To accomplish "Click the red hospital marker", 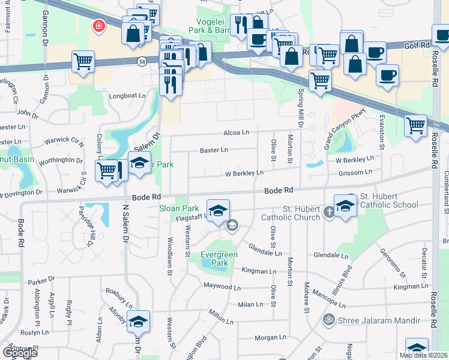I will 97,26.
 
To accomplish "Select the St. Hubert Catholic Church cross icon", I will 329,211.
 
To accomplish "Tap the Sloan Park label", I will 179,209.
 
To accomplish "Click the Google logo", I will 20,353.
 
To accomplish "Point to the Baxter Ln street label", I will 214,150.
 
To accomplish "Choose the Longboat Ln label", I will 127,95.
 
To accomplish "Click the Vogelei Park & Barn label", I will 209,25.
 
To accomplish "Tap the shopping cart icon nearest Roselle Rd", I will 415,125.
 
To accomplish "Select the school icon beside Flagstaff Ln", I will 219,209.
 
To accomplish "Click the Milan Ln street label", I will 250,304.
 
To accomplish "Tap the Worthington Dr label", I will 61,160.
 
